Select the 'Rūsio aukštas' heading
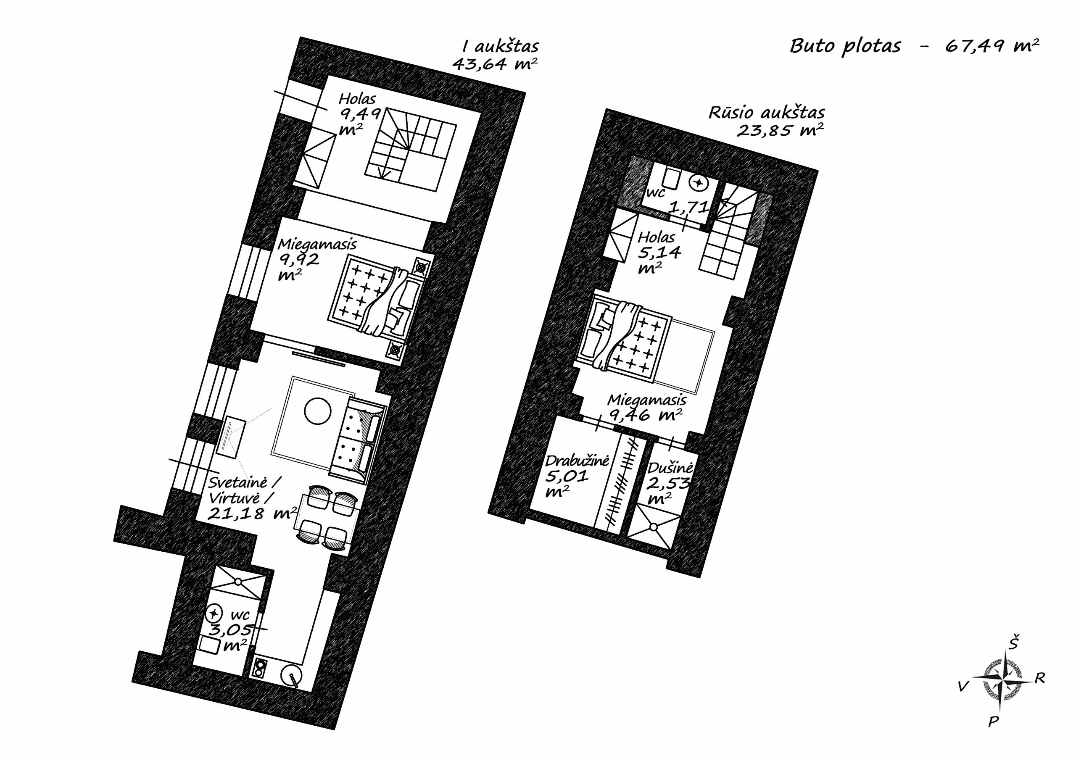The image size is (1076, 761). click(766, 113)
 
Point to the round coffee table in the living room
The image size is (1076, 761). click(318, 411)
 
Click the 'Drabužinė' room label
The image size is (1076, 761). click(577, 461)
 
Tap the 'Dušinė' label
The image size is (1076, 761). click(670, 468)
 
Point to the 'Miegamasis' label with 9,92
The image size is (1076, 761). click(317, 244)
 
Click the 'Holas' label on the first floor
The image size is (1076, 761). click(357, 98)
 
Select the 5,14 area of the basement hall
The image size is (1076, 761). click(659, 253)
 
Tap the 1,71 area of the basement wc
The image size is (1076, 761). click(688, 207)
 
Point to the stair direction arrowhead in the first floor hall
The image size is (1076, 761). click(384, 174)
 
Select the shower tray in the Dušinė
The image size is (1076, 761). click(653, 529)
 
